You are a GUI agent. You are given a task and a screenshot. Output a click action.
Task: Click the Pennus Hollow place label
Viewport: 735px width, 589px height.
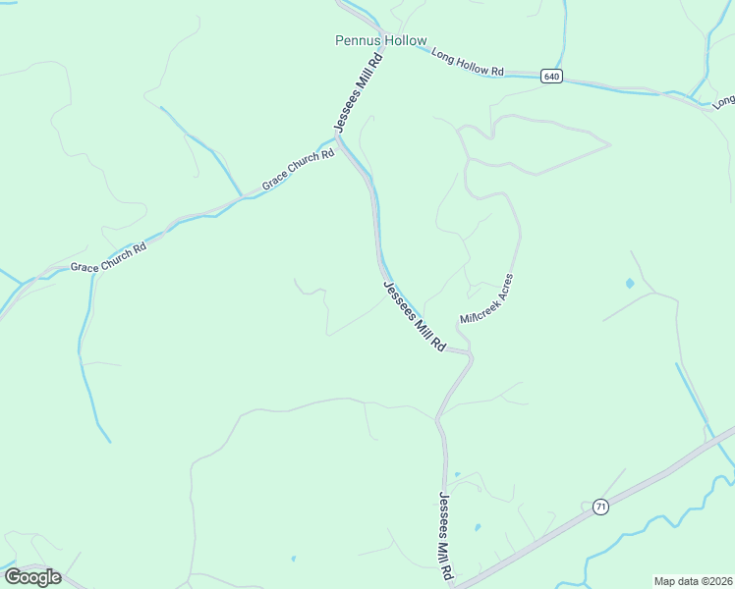pos(381,41)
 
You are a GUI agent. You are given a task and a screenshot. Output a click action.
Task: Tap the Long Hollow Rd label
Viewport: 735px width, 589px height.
pos(468,65)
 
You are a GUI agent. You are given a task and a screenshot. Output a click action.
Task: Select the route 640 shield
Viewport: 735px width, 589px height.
pos(551,76)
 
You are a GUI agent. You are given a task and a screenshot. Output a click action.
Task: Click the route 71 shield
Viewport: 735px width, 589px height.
pos(600,507)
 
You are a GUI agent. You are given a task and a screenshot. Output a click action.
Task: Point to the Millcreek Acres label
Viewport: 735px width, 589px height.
pos(486,300)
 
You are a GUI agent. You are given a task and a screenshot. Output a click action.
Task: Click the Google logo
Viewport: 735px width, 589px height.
pos(32,577)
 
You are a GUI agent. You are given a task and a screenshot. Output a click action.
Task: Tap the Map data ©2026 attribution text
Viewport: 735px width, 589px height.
pos(694,581)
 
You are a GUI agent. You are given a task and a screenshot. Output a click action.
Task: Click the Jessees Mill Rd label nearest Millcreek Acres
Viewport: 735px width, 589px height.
pos(414,317)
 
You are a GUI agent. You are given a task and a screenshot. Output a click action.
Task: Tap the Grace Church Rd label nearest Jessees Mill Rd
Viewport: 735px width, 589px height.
pos(299,171)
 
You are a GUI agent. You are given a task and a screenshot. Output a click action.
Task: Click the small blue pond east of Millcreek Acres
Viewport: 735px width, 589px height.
pos(629,284)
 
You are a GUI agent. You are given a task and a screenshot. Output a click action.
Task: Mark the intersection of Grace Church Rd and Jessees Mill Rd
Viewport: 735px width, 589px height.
pos(338,140)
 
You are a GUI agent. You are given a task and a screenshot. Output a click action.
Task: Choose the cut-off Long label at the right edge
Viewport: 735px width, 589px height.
pos(724,100)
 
